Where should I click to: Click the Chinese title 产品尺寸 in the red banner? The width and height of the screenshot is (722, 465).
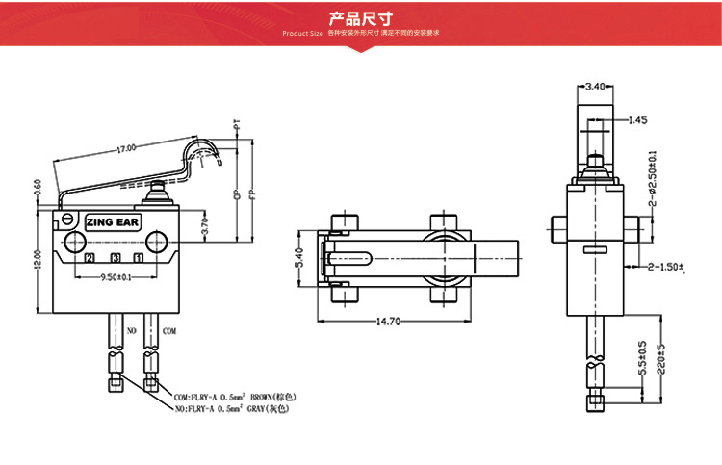pyautogui.click(x=361, y=17)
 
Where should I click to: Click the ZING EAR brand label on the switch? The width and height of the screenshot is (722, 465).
pyautogui.click(x=113, y=222)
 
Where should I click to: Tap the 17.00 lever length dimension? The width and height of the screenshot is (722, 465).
pyautogui.click(x=126, y=149)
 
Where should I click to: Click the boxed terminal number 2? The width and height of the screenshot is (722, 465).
pyautogui.click(x=90, y=258)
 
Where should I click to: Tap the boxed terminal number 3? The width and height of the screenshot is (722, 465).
pyautogui.click(x=115, y=258)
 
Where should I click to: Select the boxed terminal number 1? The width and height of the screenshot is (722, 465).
pyautogui.click(x=140, y=258)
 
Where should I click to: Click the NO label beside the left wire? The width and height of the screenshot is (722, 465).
pyautogui.click(x=133, y=330)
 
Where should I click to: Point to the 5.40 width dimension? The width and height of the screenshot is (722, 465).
pyautogui.click(x=297, y=257)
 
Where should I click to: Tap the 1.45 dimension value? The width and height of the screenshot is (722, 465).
pyautogui.click(x=636, y=120)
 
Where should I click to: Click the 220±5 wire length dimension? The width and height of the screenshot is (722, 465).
pyautogui.click(x=660, y=357)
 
